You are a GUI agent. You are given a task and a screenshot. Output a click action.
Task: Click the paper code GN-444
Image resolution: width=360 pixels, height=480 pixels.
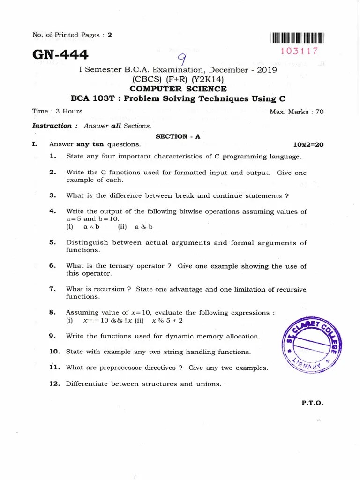coord(60,55)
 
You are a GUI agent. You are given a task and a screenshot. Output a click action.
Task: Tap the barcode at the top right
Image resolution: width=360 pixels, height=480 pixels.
coord(297,38)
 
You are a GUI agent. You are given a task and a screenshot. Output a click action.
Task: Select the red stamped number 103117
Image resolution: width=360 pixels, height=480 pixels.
coord(299,51)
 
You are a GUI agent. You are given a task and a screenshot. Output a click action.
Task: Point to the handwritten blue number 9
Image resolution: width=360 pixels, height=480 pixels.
coord(181,60)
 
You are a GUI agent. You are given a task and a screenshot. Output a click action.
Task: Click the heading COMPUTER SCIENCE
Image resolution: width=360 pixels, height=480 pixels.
coord(178,89)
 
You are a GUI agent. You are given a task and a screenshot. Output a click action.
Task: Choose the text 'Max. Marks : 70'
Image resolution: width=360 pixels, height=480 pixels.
coord(296,112)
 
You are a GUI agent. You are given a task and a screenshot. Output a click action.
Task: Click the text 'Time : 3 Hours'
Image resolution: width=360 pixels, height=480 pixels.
coord(57,111)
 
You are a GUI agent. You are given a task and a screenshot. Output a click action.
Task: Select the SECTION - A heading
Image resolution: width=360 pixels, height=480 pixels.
coord(178,136)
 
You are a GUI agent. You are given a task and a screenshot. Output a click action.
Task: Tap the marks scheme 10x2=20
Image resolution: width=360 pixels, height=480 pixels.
coord(308,144)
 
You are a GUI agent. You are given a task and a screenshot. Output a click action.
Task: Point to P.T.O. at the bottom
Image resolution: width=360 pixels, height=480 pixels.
coord(313,403)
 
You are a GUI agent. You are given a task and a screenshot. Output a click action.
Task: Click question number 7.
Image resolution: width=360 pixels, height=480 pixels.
coord(52,289)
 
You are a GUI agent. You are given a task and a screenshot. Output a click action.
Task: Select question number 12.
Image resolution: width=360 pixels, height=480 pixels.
coord(54,384)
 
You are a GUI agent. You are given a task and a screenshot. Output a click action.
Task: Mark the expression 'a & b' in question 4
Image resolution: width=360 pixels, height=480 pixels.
coord(144,227)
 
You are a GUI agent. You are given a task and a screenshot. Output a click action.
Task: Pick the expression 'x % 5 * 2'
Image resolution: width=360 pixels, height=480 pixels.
coord(167,321)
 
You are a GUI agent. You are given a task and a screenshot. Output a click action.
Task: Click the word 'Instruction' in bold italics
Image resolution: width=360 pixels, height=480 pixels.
coord(52,126)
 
